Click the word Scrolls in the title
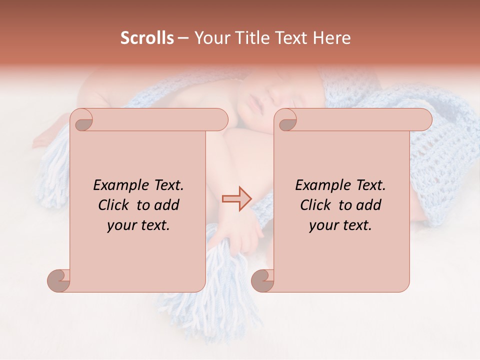click(147, 38)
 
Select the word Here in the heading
click(332, 38)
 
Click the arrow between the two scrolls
click(236, 199)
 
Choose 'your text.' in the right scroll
click(340, 225)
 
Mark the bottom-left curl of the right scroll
click(263, 280)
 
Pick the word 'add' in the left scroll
click(167, 205)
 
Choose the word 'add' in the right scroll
click(369, 205)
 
